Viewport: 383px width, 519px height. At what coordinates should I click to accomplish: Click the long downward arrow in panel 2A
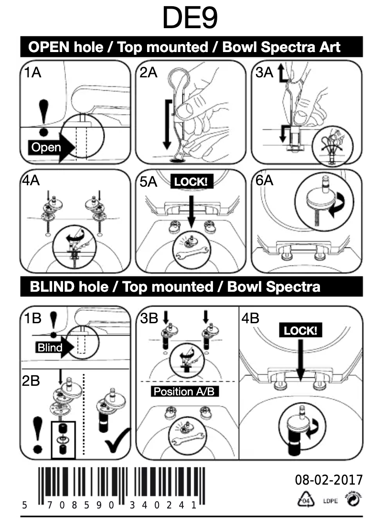tap(167, 124)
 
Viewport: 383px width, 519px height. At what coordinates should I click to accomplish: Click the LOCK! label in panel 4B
tap(300, 330)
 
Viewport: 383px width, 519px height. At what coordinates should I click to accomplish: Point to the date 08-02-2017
tap(329, 479)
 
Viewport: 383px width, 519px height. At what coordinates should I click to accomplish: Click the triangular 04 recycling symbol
tap(305, 500)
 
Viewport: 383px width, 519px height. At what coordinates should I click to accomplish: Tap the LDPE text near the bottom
tap(330, 501)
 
